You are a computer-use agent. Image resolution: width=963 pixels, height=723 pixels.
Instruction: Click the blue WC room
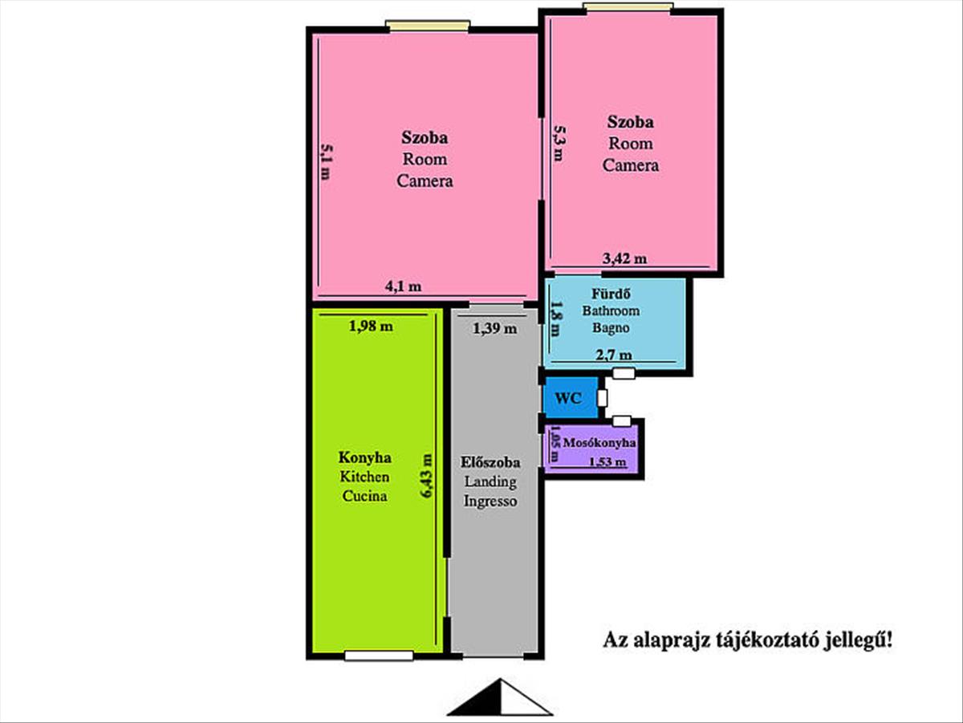[x=571, y=397]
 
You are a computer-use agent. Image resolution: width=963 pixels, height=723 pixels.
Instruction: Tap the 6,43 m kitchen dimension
[x=426, y=475]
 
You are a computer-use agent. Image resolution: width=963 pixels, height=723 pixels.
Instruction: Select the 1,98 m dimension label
[x=371, y=327]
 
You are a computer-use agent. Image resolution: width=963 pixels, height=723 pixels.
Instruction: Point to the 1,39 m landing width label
[x=495, y=328]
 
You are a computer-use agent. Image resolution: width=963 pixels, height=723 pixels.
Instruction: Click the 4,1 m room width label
[x=403, y=286]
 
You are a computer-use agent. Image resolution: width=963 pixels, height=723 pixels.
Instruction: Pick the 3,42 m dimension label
[x=624, y=259]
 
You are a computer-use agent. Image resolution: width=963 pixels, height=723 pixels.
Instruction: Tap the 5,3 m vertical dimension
[x=559, y=144]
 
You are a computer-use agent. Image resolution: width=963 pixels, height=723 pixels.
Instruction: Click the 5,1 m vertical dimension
[x=327, y=161]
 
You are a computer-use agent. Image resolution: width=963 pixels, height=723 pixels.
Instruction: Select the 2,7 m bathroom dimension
[x=614, y=355]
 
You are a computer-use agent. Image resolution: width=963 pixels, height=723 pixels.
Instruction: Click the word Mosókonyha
[x=599, y=443]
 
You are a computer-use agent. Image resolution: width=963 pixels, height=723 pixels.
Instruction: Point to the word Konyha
[x=364, y=457]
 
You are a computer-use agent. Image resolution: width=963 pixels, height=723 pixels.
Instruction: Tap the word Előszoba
[x=490, y=462]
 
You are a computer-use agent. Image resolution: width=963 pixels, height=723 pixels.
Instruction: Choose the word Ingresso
[x=490, y=501]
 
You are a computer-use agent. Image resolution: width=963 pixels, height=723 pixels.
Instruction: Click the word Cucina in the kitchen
[x=364, y=496]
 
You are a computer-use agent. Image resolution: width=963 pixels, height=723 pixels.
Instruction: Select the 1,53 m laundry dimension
[x=607, y=462]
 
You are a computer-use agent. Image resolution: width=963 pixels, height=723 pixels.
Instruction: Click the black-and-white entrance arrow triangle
[x=500, y=697]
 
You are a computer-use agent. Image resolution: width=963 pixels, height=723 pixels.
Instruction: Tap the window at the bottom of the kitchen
[x=379, y=656]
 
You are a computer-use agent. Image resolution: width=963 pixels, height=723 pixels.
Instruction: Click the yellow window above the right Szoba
[x=628, y=7]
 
